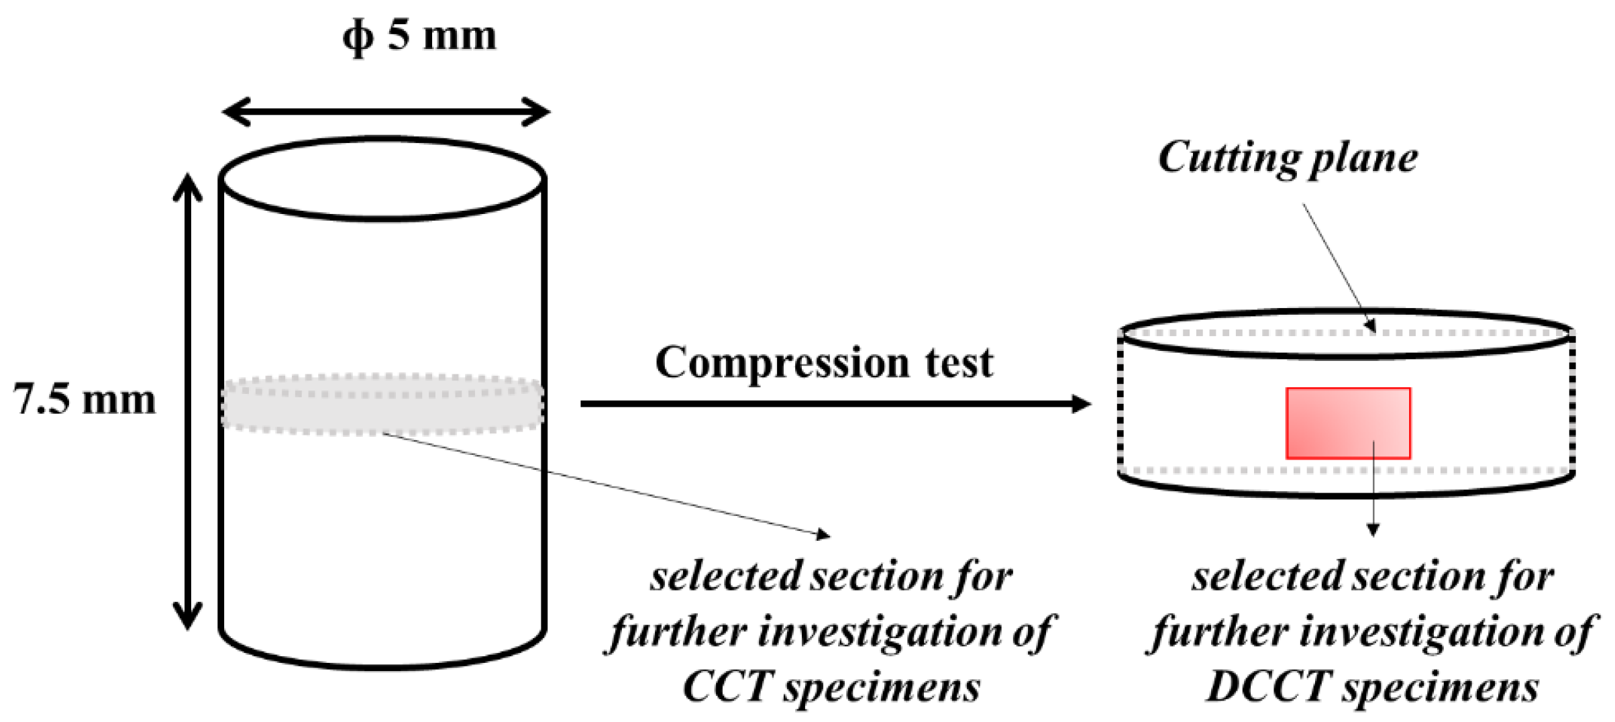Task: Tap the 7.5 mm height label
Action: point(84,399)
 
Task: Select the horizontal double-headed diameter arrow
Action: point(386,112)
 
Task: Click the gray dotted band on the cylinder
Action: point(382,405)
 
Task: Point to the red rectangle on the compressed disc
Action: point(1347,423)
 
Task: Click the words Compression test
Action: point(823,363)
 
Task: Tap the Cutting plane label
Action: point(1287,158)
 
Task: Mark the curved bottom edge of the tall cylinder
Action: point(382,666)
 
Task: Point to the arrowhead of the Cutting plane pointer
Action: point(1371,326)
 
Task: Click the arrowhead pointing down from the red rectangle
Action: point(1373,530)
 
